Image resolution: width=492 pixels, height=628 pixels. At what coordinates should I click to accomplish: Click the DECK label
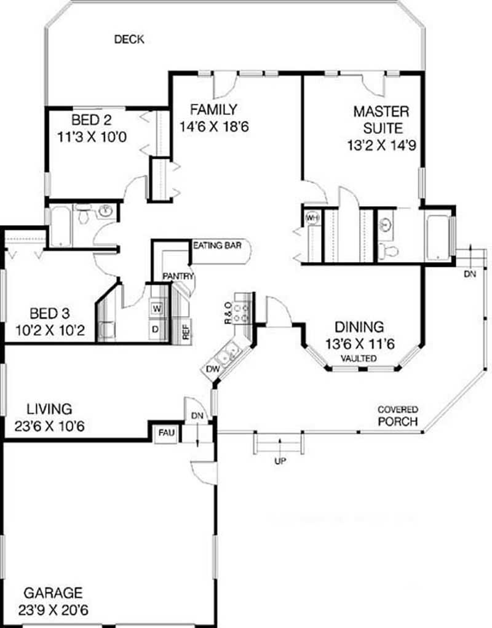(129, 40)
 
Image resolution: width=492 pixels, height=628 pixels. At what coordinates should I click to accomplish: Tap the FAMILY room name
(213, 110)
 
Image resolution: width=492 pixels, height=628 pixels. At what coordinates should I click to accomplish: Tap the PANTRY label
(178, 276)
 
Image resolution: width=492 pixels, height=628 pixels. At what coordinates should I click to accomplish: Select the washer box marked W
(156, 308)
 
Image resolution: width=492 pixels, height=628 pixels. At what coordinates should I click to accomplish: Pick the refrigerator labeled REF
(185, 330)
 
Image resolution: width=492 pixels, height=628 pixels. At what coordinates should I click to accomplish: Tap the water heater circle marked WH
(312, 218)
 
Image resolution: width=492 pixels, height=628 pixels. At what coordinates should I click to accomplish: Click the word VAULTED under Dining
(360, 358)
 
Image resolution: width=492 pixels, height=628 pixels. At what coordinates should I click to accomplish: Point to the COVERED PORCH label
(397, 416)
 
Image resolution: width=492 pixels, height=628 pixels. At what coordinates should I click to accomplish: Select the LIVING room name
(49, 408)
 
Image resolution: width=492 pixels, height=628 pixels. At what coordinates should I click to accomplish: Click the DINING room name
(359, 327)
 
